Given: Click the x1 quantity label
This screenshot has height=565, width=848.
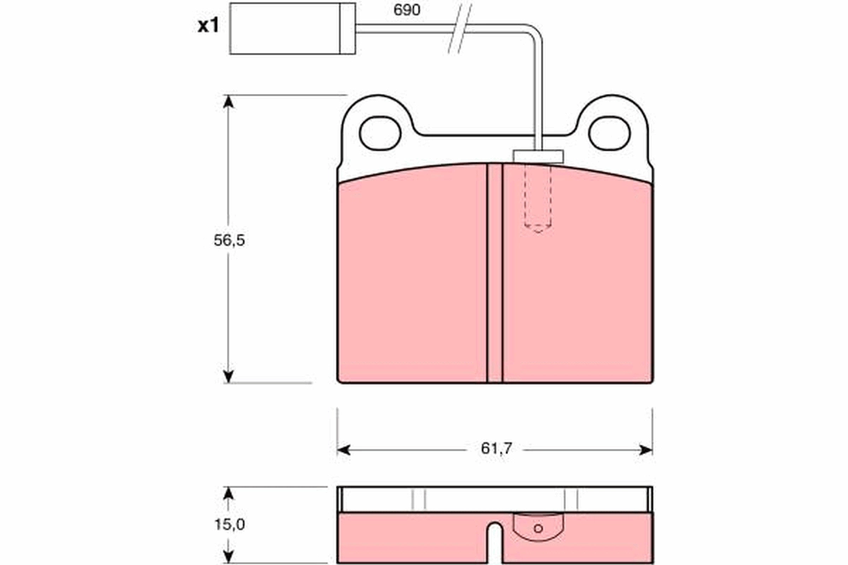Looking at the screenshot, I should [208, 27].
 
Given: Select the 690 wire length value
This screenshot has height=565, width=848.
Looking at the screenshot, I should [406, 10].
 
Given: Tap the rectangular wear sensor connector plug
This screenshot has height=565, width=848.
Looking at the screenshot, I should [293, 28].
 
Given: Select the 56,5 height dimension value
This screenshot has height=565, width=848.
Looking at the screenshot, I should [229, 240].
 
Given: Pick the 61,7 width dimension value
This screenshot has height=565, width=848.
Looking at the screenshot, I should [495, 448].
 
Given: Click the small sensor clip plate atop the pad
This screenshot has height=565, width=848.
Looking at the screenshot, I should [538, 156].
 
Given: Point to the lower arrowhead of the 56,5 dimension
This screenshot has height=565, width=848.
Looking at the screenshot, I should [228, 376].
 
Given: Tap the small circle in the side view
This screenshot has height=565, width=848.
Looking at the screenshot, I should [538, 528].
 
